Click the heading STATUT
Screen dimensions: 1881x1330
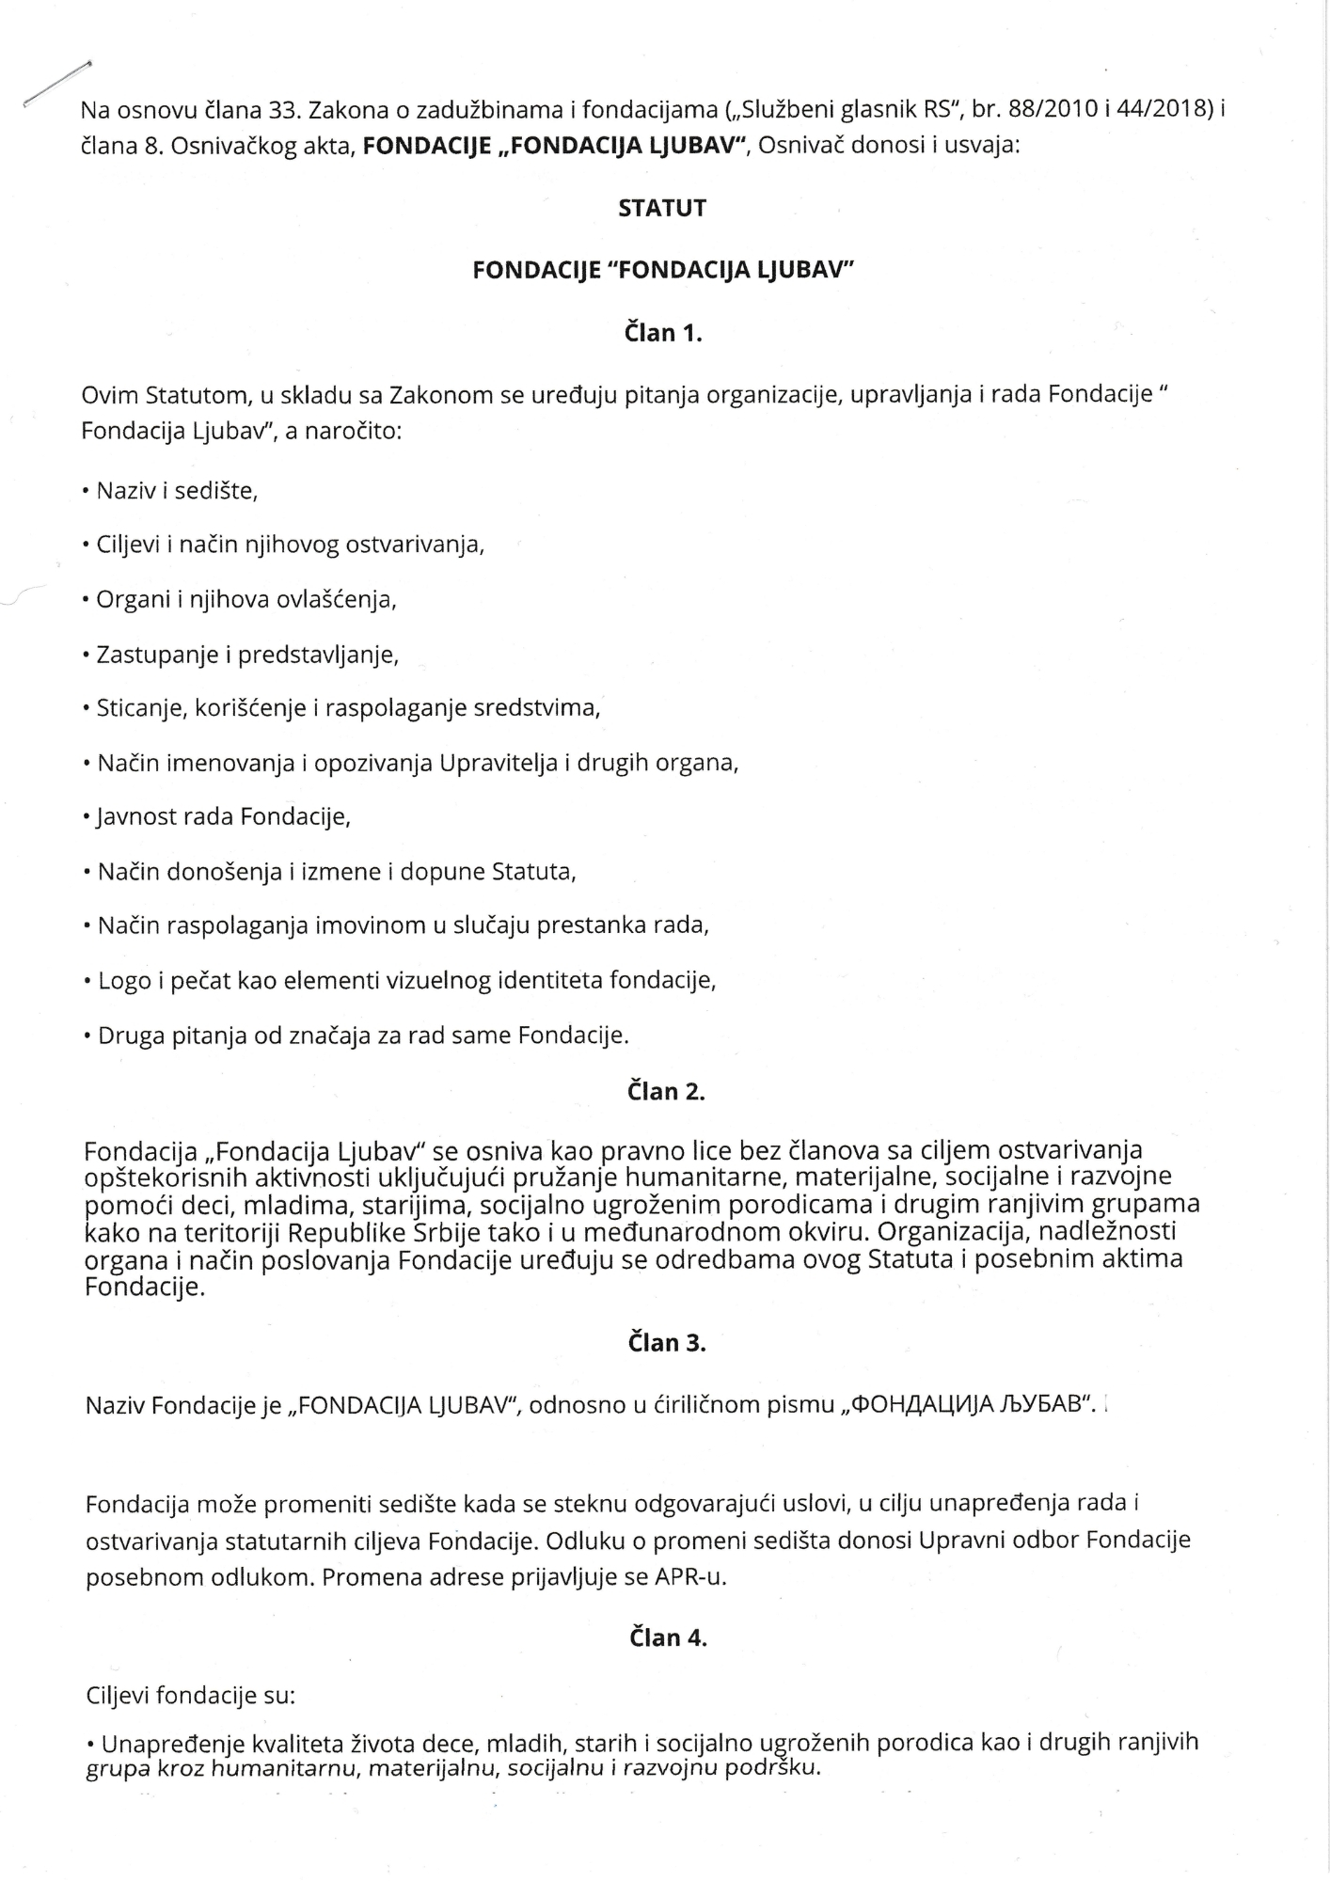coord(662,208)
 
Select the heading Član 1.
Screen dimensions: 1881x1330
coord(663,332)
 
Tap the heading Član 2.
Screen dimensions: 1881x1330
coord(665,1091)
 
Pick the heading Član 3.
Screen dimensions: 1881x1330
coord(666,1342)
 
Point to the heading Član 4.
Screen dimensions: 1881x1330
coord(667,1637)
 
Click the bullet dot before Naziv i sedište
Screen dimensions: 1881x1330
coord(86,491)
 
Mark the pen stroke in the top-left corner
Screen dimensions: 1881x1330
coord(56,84)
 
